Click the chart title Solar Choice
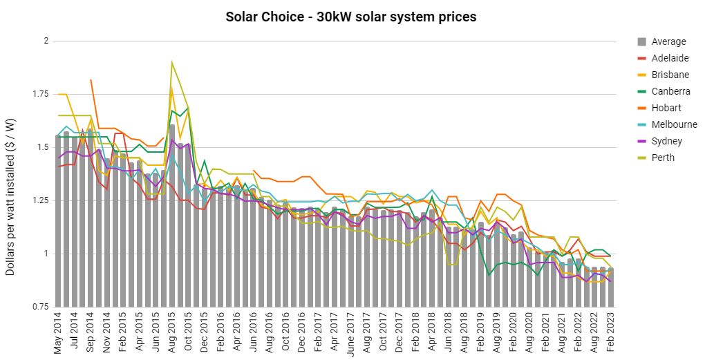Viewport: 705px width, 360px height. [350, 16]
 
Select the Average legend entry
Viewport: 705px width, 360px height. [668, 41]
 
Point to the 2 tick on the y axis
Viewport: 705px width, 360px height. [46, 41]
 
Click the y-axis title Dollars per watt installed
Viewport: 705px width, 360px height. [11, 196]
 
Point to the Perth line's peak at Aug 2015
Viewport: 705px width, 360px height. [172, 62]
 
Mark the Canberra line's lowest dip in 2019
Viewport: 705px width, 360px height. [489, 275]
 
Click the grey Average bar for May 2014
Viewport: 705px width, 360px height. [59, 221]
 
